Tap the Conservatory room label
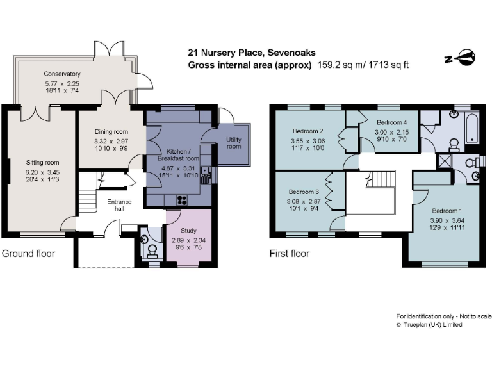click(62, 74)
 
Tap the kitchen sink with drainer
click(204, 173)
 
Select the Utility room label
click(233, 143)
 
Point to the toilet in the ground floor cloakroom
click(152, 250)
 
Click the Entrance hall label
click(119, 206)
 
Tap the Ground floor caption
click(28, 254)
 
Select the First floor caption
click(290, 254)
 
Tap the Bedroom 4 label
click(391, 122)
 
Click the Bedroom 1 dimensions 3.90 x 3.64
click(445, 220)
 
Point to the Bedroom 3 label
click(304, 192)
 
